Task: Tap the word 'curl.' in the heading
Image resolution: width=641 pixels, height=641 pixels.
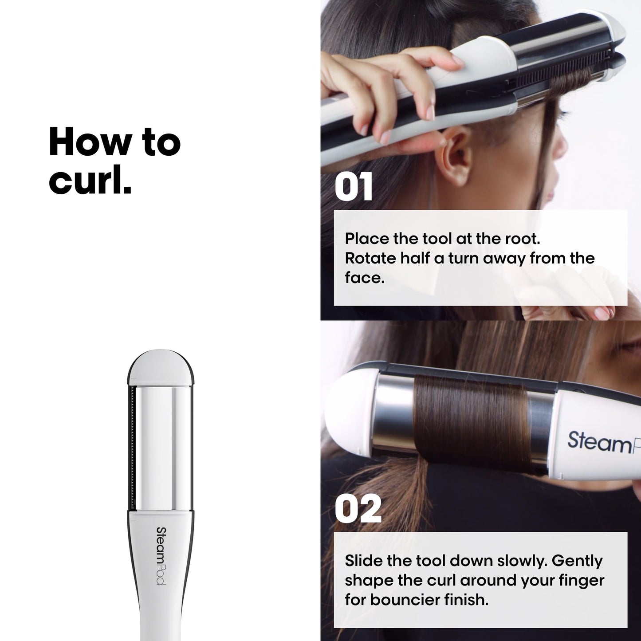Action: [90, 181]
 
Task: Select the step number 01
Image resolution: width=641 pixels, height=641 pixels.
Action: [354, 188]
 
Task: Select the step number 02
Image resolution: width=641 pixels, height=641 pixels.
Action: [358, 509]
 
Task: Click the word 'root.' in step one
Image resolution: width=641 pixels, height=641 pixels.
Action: [523, 239]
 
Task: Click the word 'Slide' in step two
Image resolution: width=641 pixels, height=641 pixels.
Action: [364, 561]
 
